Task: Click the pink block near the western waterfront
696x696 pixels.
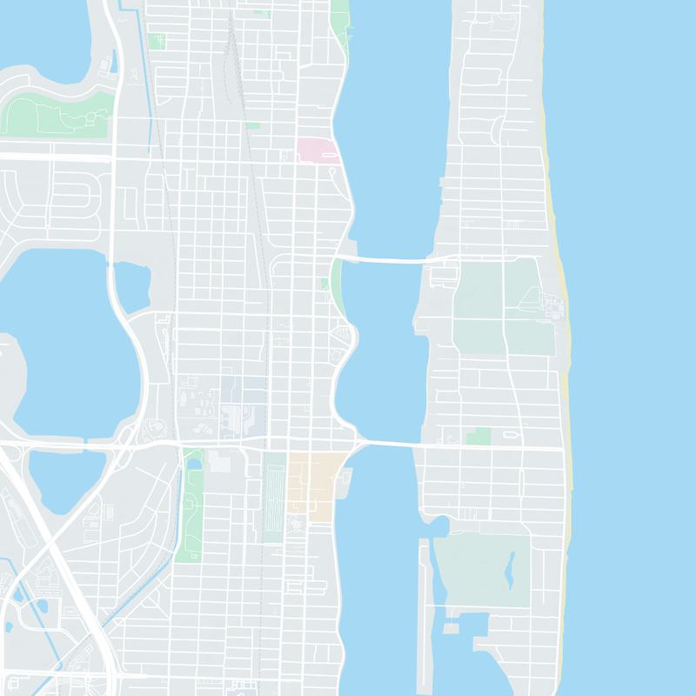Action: click(x=317, y=151)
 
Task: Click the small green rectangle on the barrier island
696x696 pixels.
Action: click(x=478, y=436)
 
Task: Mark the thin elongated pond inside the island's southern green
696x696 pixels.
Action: click(x=510, y=571)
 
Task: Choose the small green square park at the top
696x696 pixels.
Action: click(x=157, y=41)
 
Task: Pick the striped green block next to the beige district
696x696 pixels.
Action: click(x=274, y=496)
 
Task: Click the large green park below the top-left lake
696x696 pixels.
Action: click(x=52, y=113)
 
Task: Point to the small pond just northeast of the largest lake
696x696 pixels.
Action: click(x=131, y=287)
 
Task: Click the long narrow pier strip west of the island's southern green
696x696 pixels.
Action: click(x=424, y=592)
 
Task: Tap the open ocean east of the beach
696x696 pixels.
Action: click(x=635, y=348)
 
